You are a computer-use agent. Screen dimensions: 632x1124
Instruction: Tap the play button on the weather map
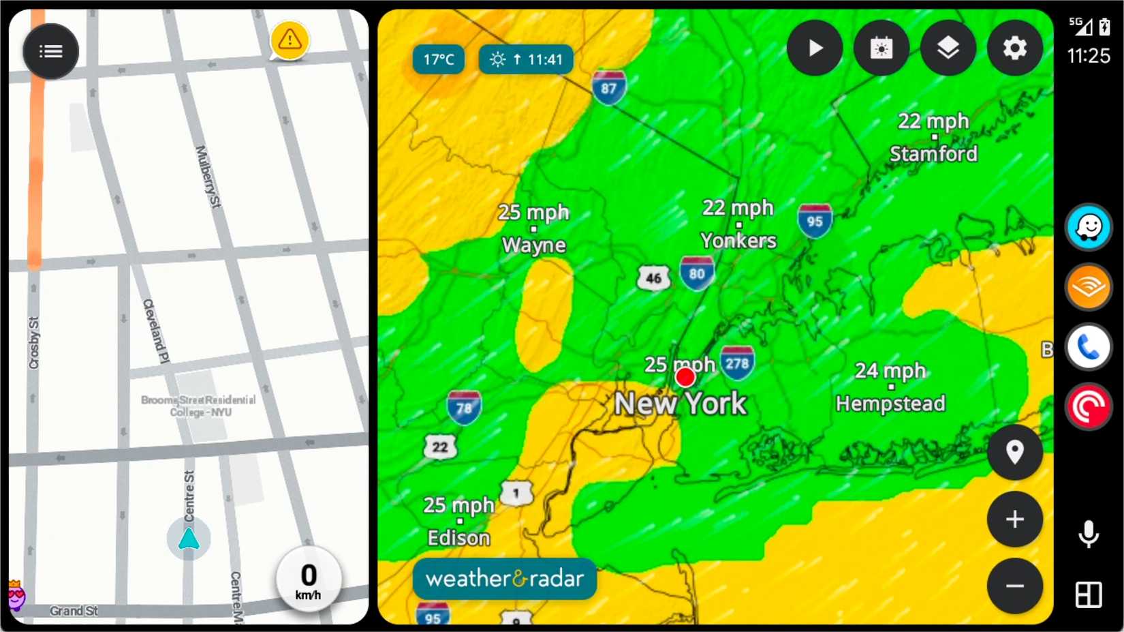point(815,48)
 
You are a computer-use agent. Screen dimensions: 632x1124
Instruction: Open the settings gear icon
point(1014,48)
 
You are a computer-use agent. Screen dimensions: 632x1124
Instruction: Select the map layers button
point(948,48)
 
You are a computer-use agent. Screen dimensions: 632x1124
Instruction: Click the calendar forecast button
point(881,48)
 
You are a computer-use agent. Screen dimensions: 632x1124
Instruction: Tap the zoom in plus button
point(1014,520)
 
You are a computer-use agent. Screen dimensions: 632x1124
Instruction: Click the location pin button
point(1014,452)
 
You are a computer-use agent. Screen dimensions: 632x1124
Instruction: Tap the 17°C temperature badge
point(439,59)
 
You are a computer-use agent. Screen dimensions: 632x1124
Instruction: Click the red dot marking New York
point(685,377)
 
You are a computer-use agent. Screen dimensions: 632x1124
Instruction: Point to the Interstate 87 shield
point(608,87)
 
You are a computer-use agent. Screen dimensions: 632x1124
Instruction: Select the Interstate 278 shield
point(737,363)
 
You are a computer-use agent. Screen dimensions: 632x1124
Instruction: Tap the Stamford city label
point(933,154)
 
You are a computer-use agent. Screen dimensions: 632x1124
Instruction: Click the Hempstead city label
point(890,404)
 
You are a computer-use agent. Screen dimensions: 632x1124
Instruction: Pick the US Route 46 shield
point(653,277)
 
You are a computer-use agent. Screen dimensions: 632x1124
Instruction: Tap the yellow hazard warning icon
point(290,40)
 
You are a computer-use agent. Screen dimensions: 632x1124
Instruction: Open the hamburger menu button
point(51,51)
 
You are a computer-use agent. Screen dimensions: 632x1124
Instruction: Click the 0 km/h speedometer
point(309,580)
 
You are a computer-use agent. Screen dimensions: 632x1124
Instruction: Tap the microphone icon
point(1089,534)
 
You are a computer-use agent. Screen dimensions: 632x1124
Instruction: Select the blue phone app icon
point(1089,348)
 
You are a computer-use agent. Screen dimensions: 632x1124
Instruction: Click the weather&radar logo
point(505,579)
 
